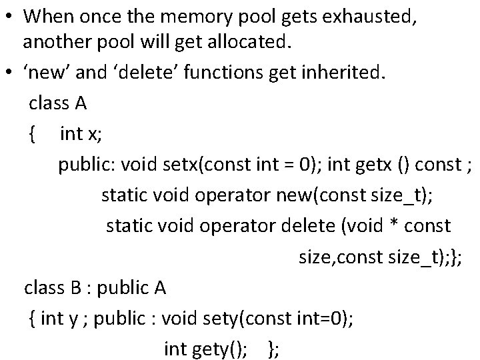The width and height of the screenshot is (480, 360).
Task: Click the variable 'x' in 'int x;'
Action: pyautogui.click(x=91, y=134)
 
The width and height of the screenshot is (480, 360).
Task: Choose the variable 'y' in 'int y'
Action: pyautogui.click(x=72, y=318)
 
